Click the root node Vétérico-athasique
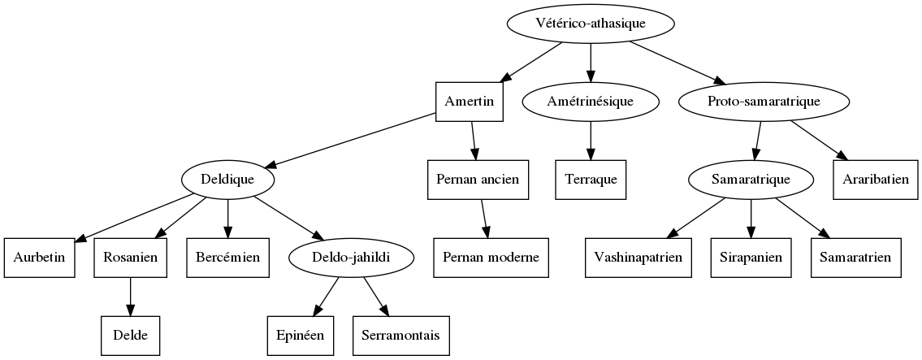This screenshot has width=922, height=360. [x=591, y=24]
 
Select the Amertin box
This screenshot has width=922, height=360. [x=470, y=101]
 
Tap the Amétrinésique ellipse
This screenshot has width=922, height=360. [x=591, y=101]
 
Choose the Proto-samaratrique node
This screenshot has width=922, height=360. [x=764, y=101]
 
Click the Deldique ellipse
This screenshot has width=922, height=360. [x=227, y=179]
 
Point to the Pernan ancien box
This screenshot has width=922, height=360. [x=478, y=179]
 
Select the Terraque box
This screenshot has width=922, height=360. [x=591, y=179]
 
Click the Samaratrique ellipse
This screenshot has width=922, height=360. [x=751, y=179]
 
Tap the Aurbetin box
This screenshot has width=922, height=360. [x=39, y=257]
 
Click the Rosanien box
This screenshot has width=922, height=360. [x=130, y=257]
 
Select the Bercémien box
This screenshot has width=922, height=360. [x=227, y=257]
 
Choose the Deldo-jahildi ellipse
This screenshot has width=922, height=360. [x=352, y=257]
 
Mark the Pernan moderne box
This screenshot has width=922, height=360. [x=491, y=257]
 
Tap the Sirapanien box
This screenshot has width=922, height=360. [x=751, y=257]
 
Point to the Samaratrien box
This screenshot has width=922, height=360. [x=856, y=257]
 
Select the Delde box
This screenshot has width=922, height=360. [x=130, y=334]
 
